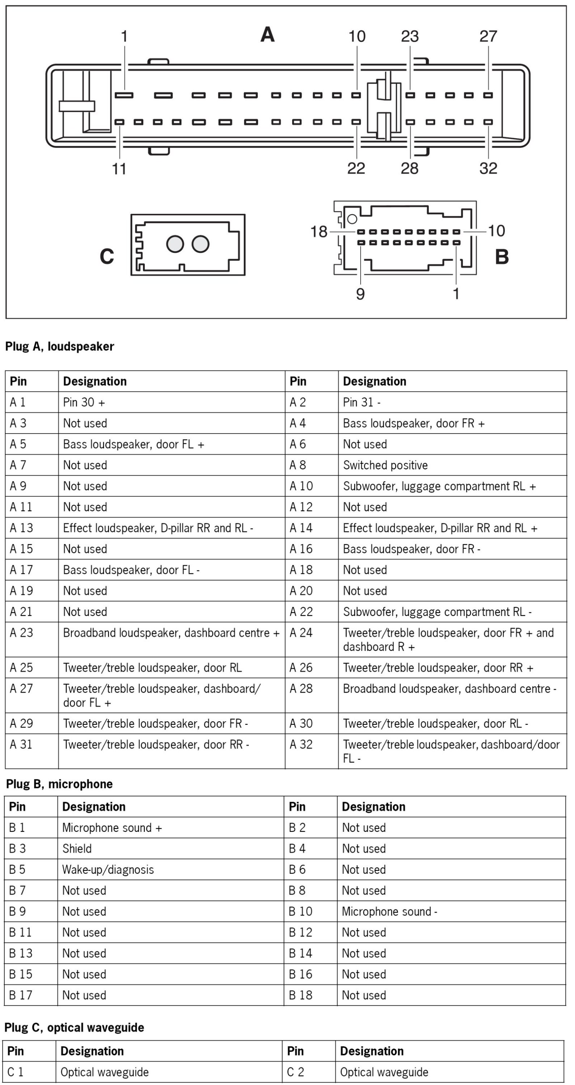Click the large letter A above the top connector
pyautogui.click(x=268, y=34)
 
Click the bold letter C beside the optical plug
pyautogui.click(x=107, y=256)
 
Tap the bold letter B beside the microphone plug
pyautogui.click(x=501, y=256)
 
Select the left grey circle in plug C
pyautogui.click(x=175, y=244)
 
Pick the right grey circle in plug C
pyautogui.click(x=200, y=244)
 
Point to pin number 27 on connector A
pyautogui.click(x=488, y=37)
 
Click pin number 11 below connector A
pyautogui.click(x=119, y=169)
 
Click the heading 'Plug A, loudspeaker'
pyautogui.click(x=59, y=346)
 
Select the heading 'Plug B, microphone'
pyautogui.click(x=59, y=784)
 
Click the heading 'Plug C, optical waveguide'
pyautogui.click(x=74, y=1027)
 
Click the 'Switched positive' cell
pyautogui.click(x=385, y=465)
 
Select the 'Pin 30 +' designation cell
pyautogui.click(x=84, y=402)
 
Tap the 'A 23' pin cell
pyautogui.click(x=21, y=633)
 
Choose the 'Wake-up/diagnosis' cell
pyautogui.click(x=108, y=870)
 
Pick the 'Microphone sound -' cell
pyautogui.click(x=389, y=911)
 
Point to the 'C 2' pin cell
pyautogui.click(x=295, y=1072)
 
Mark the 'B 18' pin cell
pyautogui.click(x=300, y=995)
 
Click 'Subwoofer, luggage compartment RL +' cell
pyautogui.click(x=439, y=486)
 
